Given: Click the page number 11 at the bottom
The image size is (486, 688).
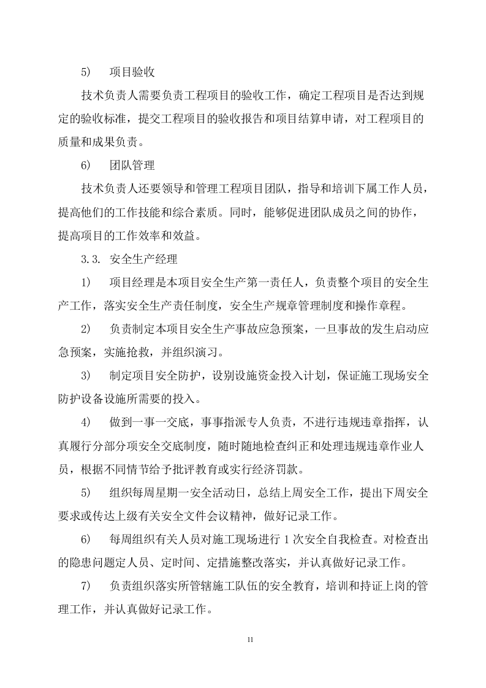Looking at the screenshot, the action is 250,640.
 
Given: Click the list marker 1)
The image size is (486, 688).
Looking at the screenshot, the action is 86,281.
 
